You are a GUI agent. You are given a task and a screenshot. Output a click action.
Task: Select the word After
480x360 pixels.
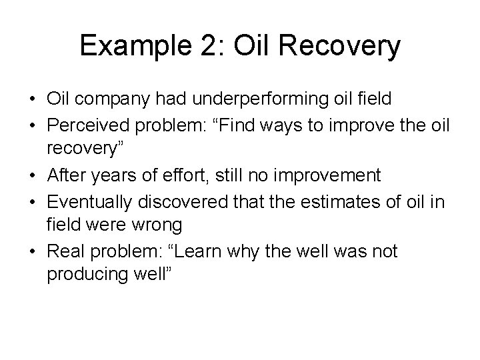[x=66, y=175]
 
